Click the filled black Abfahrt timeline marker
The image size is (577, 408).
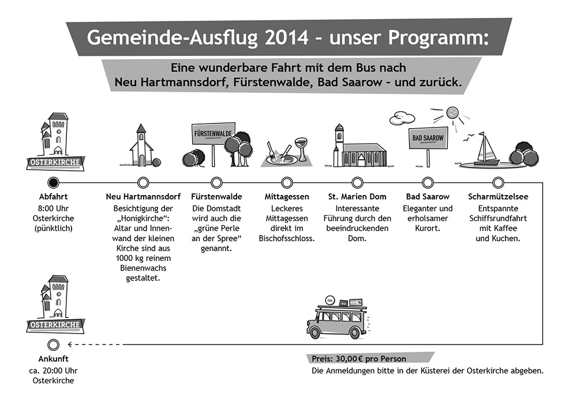click(x=53, y=182)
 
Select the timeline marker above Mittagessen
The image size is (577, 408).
click(x=287, y=182)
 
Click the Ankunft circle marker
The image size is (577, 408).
click(x=53, y=345)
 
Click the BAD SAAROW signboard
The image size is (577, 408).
click(x=428, y=138)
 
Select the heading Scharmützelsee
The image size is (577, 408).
click(x=498, y=197)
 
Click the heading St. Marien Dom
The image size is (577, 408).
click(x=357, y=197)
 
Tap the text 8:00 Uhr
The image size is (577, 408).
click(x=53, y=208)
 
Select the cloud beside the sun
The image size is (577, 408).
click(x=402, y=118)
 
